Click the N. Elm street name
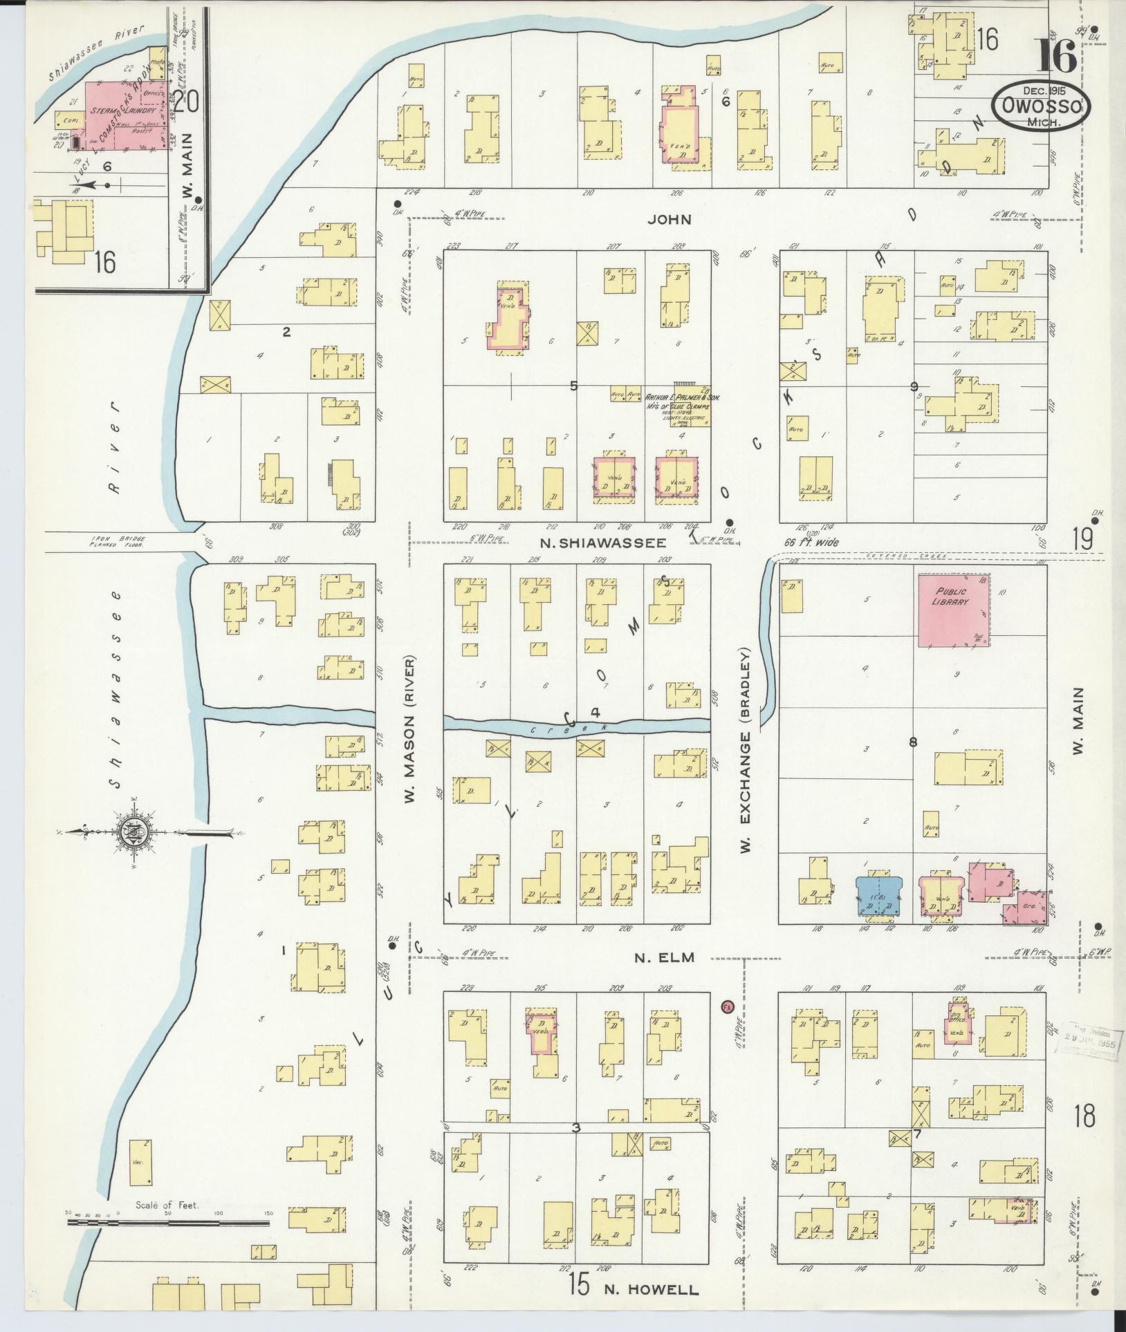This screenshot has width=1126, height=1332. pos(663,957)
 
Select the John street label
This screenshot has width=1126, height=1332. pos(670,219)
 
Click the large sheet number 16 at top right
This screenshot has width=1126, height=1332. pos(1055,57)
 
